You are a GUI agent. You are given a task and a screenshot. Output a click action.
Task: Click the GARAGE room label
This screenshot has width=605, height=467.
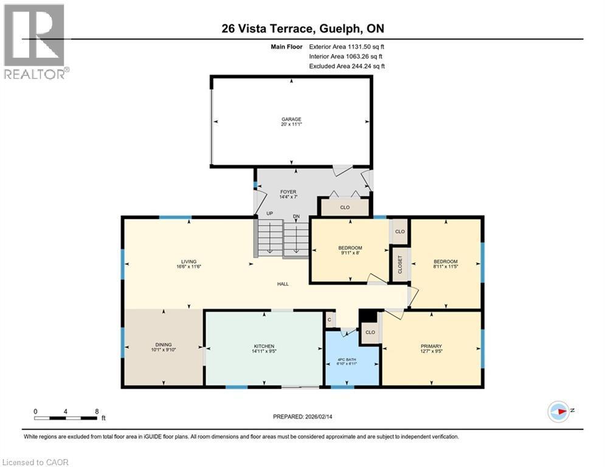291,119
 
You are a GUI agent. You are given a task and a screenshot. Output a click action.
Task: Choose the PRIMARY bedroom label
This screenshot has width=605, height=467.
430,345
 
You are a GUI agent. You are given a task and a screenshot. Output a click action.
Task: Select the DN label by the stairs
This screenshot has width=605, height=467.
296,215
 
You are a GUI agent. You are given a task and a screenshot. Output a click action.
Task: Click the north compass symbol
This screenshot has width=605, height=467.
559,411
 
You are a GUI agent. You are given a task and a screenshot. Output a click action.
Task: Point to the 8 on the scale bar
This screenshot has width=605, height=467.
97,410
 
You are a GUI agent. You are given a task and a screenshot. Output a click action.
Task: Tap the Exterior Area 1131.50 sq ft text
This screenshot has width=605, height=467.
347,46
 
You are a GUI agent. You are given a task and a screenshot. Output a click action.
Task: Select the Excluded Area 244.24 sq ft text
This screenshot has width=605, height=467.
347,66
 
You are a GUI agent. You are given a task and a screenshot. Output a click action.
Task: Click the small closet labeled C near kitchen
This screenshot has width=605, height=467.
329,319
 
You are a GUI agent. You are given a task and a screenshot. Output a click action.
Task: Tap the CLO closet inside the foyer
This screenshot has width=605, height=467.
345,207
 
